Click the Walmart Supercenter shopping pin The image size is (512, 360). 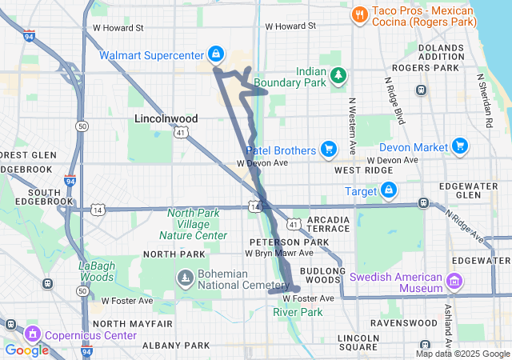214,54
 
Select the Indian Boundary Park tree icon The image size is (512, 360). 339,74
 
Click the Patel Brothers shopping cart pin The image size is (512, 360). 327,149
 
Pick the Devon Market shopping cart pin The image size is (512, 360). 459,146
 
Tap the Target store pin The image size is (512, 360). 389,190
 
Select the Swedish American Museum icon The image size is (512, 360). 455,281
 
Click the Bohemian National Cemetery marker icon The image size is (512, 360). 185,278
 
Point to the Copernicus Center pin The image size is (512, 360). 33,333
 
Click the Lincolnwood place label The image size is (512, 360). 166,118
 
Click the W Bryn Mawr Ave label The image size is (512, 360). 262,253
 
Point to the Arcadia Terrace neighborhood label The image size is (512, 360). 328,224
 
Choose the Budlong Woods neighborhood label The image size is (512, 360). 322,274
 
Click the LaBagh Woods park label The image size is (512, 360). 97,271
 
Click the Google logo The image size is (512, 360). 26,350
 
